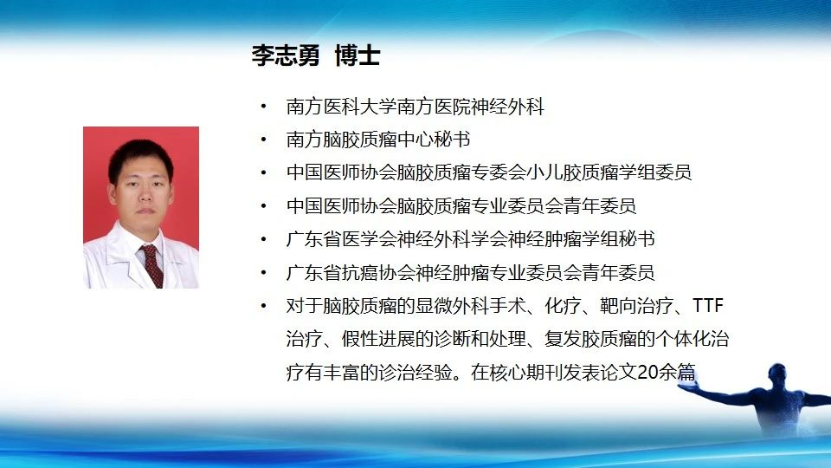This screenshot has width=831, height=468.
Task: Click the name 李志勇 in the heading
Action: tap(286, 55)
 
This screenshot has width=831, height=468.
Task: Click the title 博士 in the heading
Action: tap(358, 55)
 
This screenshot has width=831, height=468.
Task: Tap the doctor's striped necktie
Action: tap(152, 265)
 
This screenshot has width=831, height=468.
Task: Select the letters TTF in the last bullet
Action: tap(708, 306)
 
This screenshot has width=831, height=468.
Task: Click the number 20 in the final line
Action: tap(647, 372)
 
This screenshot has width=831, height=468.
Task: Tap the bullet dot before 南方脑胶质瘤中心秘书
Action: tap(263, 140)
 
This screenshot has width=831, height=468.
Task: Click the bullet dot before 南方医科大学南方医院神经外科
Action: tap(263, 107)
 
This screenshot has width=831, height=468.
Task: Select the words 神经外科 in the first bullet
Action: tap(507, 107)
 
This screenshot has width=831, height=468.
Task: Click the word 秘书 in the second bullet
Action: tap(452, 140)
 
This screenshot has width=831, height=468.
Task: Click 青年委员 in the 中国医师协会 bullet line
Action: tap(599, 206)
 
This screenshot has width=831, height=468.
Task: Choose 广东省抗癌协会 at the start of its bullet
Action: tap(351, 272)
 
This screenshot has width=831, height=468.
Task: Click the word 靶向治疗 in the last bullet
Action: tap(636, 306)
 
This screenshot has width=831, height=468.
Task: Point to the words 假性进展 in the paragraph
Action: tap(378, 339)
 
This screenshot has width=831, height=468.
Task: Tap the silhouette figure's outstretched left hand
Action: tap(686, 387)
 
